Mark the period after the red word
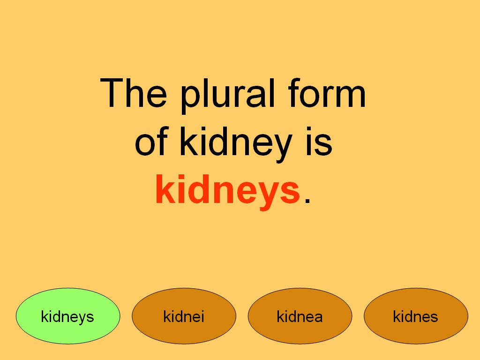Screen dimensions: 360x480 pyautogui.click(x=307, y=201)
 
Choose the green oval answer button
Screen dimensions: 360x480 pyautogui.click(x=68, y=317)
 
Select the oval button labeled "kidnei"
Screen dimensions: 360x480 pyautogui.click(x=184, y=317)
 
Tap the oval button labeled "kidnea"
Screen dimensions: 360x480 pyautogui.click(x=300, y=317)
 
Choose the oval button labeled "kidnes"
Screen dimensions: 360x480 pyautogui.click(x=416, y=317)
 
